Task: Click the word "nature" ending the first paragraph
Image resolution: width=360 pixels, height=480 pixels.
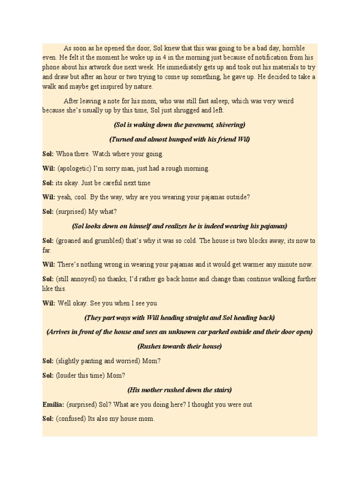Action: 142,87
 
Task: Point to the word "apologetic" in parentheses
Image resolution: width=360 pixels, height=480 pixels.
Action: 75,168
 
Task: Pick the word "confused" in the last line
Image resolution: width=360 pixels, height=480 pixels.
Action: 71,419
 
